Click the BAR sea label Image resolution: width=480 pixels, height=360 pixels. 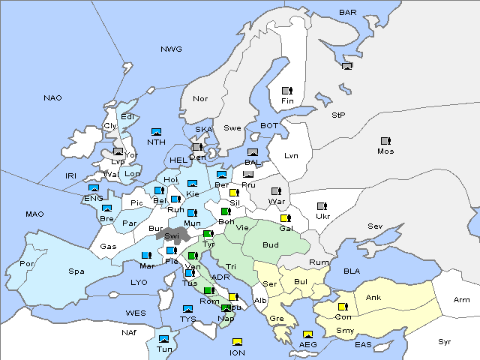coord(348,13)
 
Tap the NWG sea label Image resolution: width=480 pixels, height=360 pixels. coord(171,49)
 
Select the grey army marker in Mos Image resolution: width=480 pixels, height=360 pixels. coord(385,141)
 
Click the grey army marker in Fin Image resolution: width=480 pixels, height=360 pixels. coord(286,91)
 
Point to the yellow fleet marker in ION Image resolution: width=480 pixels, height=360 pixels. coord(237,343)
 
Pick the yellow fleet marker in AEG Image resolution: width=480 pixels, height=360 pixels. coord(307,334)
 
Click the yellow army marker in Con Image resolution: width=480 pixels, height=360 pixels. coord(343,307)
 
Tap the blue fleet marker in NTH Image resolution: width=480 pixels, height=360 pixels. coord(157,132)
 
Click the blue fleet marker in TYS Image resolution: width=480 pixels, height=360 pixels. coord(187,309)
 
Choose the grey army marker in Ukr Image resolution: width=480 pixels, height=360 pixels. coord(322,206)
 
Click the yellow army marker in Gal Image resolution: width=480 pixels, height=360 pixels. coord(285,218)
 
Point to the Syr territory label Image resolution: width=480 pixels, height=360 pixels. coord(445,341)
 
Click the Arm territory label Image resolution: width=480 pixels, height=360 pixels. coord(462,300)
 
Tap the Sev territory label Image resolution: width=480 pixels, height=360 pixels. coord(375,226)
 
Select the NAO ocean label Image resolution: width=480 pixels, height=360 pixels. coord(52,98)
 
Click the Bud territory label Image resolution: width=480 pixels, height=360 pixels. coord(271,244)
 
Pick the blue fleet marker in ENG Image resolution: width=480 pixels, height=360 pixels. coord(94,189)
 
